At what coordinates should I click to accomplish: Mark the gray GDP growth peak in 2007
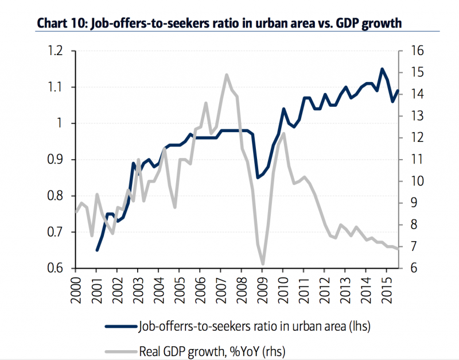(227, 75)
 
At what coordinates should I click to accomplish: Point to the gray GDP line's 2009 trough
(263, 264)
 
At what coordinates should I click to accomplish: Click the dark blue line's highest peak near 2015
(382, 69)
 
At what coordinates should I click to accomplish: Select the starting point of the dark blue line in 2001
(96, 250)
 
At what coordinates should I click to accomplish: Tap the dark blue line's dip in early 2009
(257, 177)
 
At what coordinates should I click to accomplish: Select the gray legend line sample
(120, 349)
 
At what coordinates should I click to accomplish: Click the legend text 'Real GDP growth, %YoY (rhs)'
(220, 349)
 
